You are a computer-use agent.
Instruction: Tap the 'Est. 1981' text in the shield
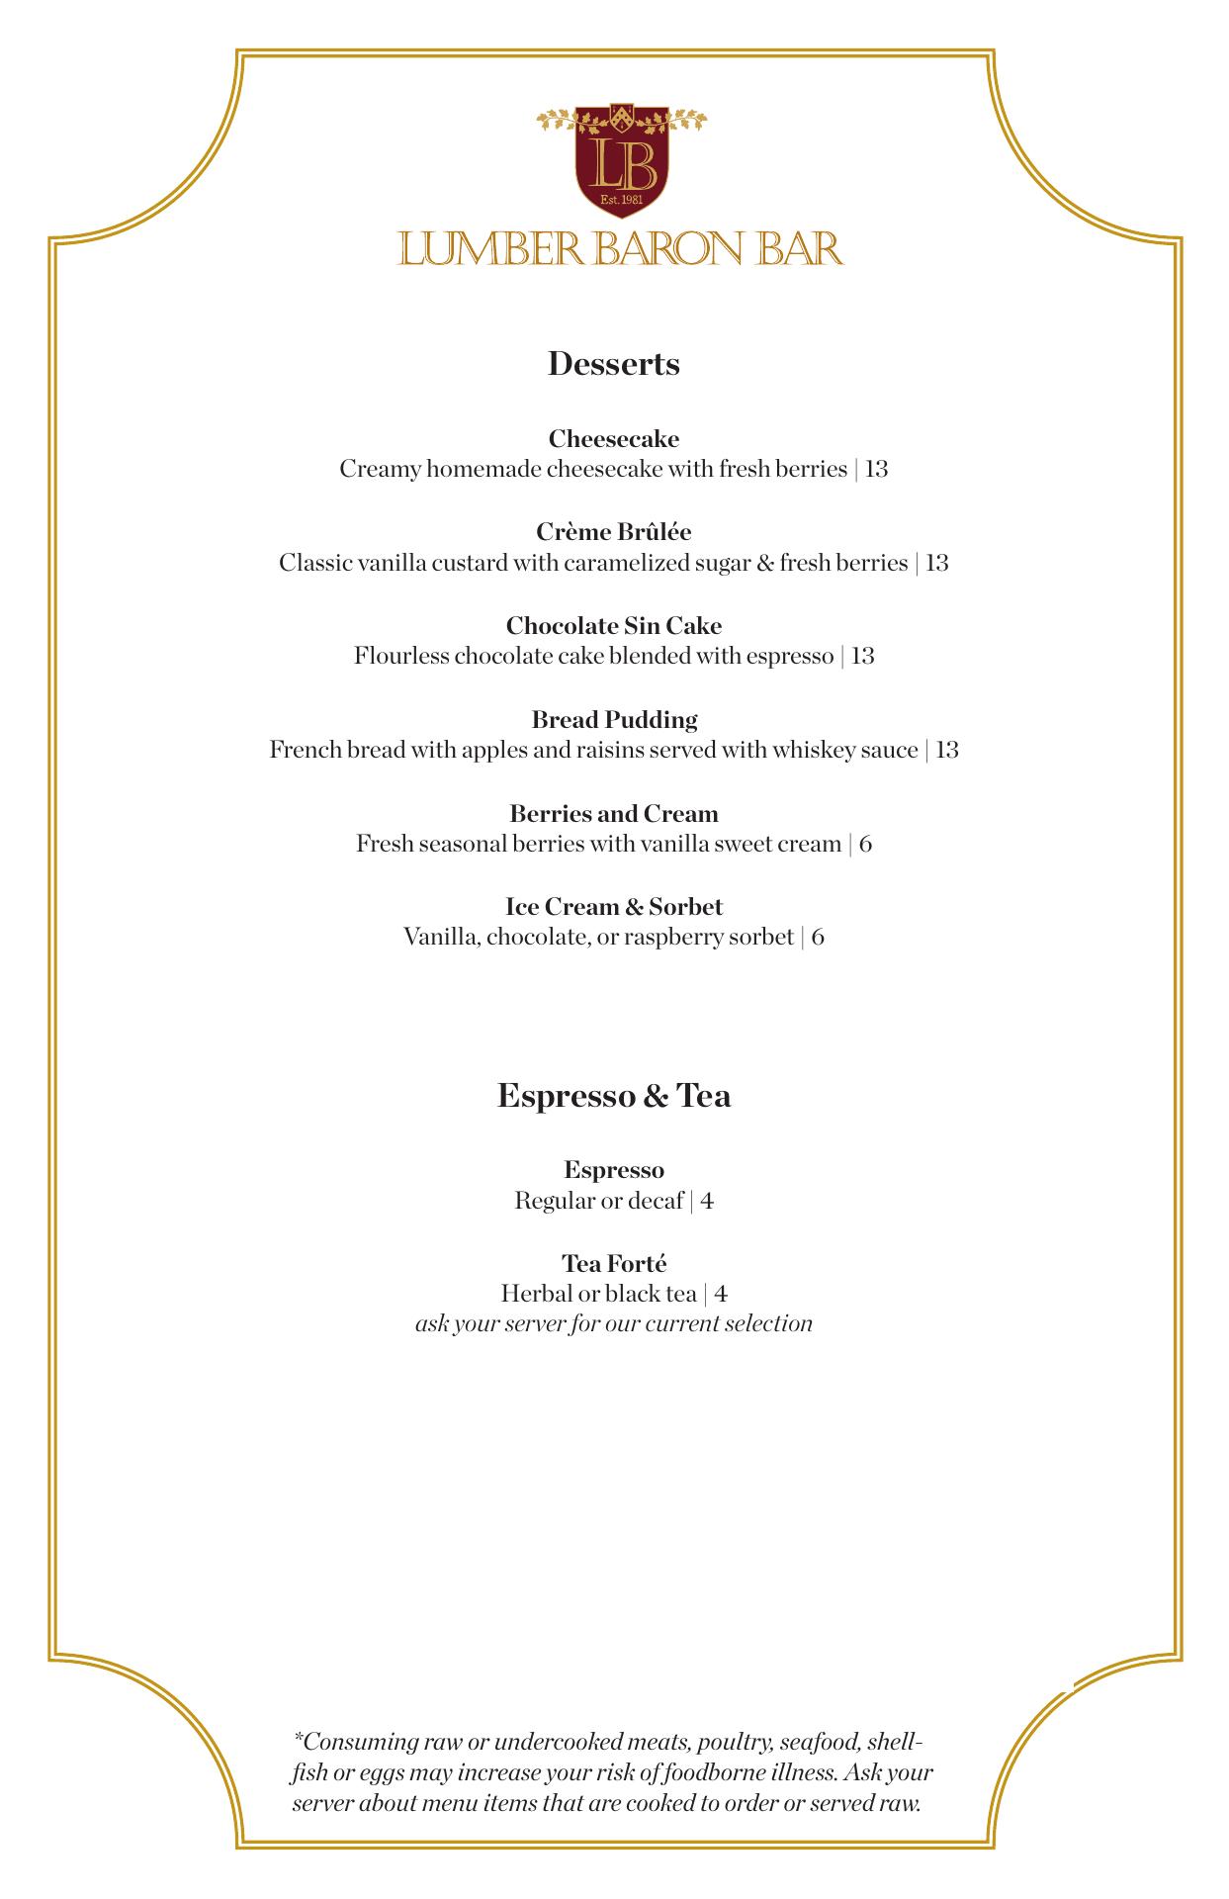click(622, 201)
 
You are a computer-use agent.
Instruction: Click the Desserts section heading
click(613, 364)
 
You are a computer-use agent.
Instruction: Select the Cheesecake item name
click(614, 438)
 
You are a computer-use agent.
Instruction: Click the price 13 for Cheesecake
click(877, 469)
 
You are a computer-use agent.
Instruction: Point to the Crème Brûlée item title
click(614, 532)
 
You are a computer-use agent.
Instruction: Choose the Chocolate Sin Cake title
click(614, 626)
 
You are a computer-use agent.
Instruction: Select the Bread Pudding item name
click(614, 720)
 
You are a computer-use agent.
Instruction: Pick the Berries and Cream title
click(614, 814)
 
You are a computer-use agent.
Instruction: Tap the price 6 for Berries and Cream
click(865, 845)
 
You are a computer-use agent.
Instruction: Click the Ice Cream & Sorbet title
click(614, 907)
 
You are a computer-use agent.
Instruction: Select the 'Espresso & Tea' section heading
click(614, 1096)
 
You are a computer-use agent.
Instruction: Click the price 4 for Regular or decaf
click(707, 1202)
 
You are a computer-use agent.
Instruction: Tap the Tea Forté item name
click(614, 1264)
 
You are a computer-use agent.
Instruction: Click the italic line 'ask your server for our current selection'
click(614, 1324)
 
